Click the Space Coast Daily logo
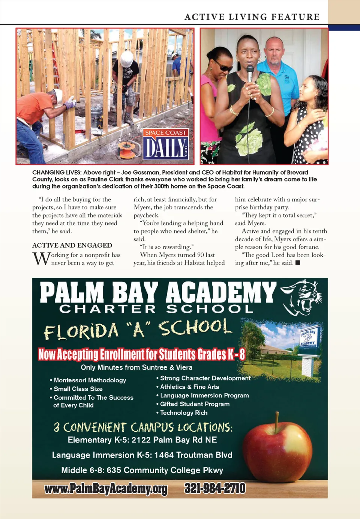(x=166, y=144)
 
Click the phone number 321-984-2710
(x=215, y=488)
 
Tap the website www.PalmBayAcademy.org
(x=106, y=489)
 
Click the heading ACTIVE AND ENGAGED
(x=72, y=245)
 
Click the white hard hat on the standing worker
(x=127, y=58)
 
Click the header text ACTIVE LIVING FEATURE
(x=252, y=17)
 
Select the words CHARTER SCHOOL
(x=156, y=309)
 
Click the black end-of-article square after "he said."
(x=298, y=263)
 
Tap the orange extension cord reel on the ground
(x=127, y=150)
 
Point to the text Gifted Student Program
(x=195, y=404)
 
